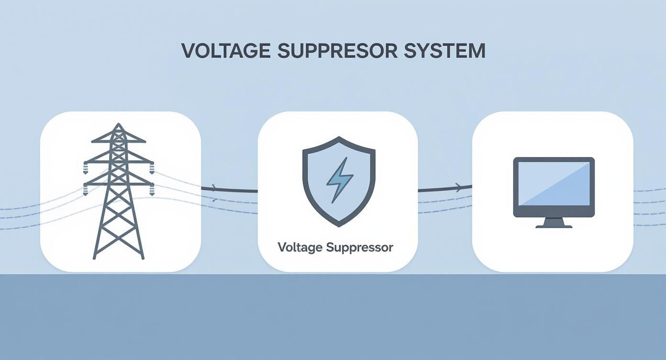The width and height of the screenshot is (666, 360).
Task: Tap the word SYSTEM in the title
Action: pyautogui.click(x=444, y=51)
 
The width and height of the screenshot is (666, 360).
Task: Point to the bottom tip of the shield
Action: pyautogui.click(x=339, y=225)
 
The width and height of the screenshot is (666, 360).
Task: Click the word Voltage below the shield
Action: pyautogui.click(x=300, y=247)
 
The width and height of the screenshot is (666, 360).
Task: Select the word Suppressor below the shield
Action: pyautogui.click(x=360, y=247)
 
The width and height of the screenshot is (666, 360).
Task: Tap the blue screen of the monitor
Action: pyautogui.click(x=554, y=184)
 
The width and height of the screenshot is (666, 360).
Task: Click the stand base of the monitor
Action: pyautogui.click(x=554, y=225)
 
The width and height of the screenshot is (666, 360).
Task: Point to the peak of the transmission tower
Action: pyautogui.click(x=118, y=125)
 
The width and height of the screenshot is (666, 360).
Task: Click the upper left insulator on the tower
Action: pyautogui.click(x=86, y=168)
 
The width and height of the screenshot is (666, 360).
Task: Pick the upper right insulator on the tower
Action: pyautogui.click(x=152, y=168)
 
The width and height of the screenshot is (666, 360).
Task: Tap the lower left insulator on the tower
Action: pyautogui.click(x=86, y=191)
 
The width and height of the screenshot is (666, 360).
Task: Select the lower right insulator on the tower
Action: pyautogui.click(x=152, y=191)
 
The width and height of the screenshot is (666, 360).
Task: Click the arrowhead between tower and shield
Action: pyautogui.click(x=214, y=188)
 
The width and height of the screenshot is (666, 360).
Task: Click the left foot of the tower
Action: pyautogui.click(x=94, y=257)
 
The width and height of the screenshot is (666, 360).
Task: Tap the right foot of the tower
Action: pyautogui.click(x=142, y=257)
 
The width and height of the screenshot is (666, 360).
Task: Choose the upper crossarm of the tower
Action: pyautogui.click(x=119, y=161)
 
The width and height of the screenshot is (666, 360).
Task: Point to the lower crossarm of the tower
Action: pyautogui.click(x=119, y=183)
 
